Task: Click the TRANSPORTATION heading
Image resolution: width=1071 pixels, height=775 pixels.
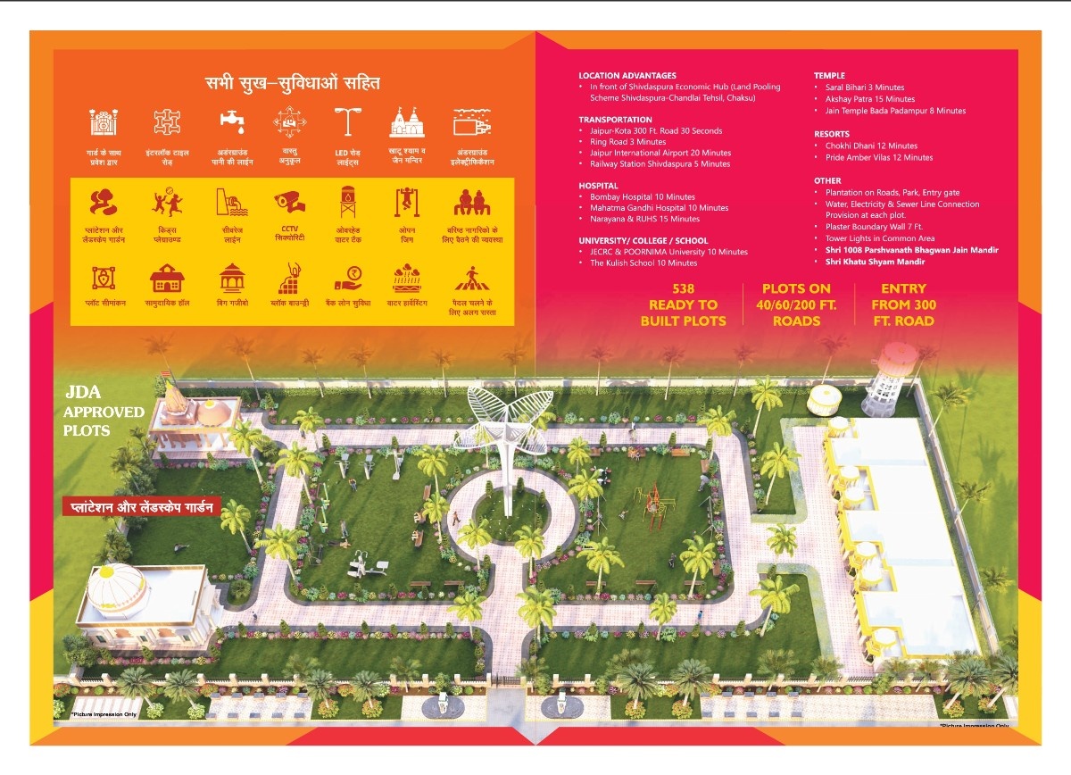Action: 615,120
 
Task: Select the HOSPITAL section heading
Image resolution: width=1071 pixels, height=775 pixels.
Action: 598,186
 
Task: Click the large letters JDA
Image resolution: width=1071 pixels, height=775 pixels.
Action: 84,392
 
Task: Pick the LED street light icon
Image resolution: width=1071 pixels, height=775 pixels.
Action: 347,122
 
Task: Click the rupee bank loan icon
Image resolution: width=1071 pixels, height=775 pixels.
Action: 347,279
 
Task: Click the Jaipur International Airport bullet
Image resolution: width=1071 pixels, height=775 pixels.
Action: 660,153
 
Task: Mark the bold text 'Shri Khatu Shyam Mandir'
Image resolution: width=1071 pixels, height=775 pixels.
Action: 875,262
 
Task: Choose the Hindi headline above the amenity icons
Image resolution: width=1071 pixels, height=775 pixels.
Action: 292,84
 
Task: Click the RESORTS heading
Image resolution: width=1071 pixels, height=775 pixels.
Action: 831,134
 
